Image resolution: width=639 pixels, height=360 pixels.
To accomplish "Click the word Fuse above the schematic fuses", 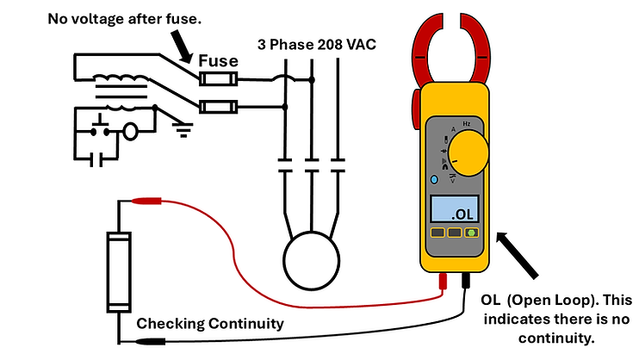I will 219,62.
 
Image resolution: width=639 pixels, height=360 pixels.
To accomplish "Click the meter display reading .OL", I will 455,209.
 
